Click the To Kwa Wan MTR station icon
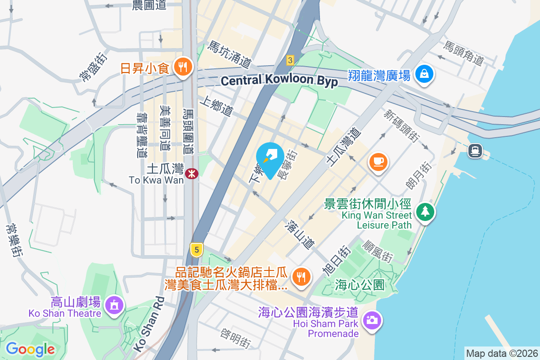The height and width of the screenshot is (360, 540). tap(192, 173)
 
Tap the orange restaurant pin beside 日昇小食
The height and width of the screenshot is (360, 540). tap(183, 67)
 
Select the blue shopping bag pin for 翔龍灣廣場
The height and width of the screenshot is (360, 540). tap(424, 74)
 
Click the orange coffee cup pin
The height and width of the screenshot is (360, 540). tap(378, 161)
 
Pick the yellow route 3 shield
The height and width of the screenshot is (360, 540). tap(290, 60)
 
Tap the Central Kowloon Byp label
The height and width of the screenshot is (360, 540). tap(279, 81)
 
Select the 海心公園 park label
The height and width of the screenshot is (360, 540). tap(360, 284)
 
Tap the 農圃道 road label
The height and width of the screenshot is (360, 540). tap(149, 5)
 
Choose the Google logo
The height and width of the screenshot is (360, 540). tap(30, 349)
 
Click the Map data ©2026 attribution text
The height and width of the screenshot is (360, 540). tap(502, 353)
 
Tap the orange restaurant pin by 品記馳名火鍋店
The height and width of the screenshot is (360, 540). tap(300, 276)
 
